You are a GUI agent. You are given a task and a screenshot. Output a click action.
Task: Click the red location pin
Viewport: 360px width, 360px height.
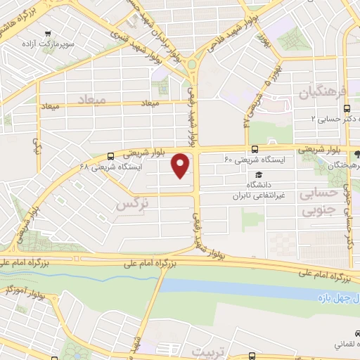[182, 165]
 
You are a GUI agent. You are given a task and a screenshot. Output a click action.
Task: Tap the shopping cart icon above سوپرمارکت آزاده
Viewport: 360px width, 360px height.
[48, 33]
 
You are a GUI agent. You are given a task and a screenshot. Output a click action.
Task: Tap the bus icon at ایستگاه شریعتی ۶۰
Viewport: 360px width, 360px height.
[255, 149]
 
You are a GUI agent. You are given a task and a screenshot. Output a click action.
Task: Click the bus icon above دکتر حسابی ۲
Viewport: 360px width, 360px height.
[347, 108]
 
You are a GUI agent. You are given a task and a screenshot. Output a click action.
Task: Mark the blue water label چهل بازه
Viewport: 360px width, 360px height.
[337, 300]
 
